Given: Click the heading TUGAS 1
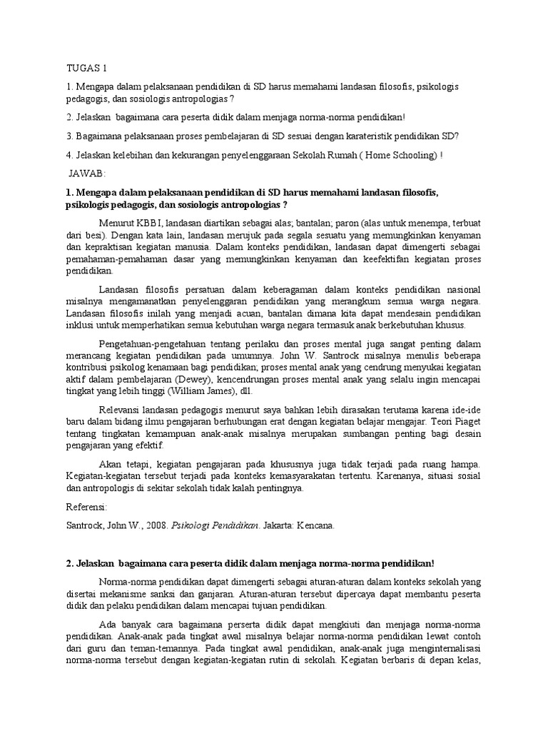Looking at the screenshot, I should click(86, 69).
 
